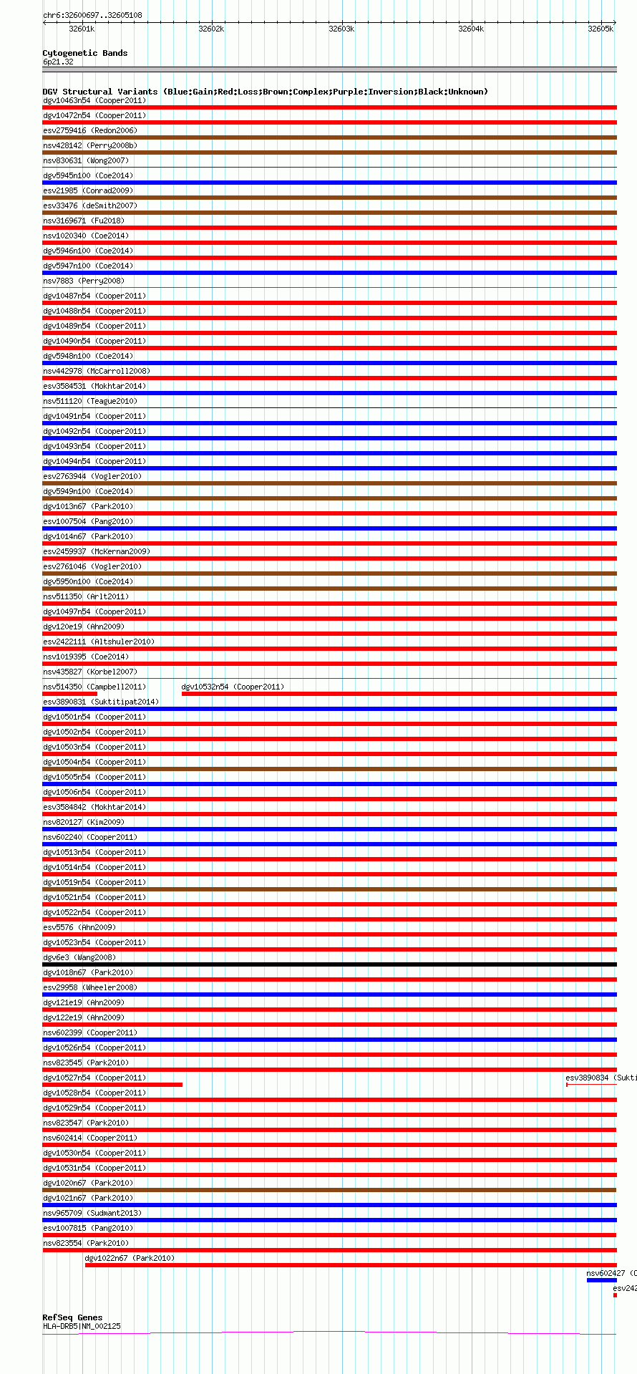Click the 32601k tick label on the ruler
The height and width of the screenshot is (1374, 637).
(82, 29)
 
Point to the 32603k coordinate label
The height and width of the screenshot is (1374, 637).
(341, 29)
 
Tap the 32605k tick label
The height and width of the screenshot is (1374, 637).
(600, 29)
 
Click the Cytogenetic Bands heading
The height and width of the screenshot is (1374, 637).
(84, 53)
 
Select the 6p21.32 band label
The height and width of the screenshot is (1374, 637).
(58, 62)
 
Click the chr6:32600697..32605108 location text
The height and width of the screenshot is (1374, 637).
(92, 15)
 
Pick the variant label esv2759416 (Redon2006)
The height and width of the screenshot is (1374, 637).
(90, 130)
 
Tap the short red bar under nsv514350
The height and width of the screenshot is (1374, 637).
(69, 694)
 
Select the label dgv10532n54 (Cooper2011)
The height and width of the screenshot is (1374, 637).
(233, 687)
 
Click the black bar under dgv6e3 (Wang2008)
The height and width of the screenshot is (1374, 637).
(329, 964)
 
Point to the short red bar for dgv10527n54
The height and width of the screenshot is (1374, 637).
(112, 1085)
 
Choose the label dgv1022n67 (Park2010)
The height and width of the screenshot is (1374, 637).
(130, 1258)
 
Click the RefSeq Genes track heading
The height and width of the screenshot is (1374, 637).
(72, 1317)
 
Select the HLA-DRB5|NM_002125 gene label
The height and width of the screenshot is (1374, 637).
(82, 1326)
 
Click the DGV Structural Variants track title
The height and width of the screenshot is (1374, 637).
(265, 92)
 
